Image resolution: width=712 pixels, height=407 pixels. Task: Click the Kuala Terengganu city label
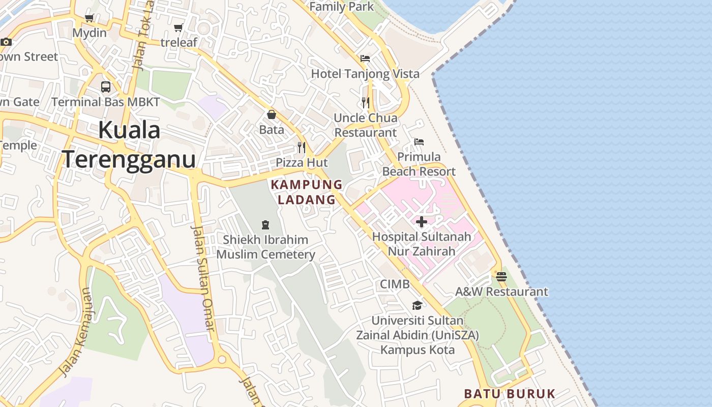click(129, 144)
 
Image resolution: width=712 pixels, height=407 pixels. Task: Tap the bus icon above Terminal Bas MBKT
click(106, 86)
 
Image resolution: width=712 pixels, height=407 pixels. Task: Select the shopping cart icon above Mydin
click(90, 19)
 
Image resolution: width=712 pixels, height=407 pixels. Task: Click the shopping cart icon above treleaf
click(178, 27)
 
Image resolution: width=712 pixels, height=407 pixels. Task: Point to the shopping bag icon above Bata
click(272, 114)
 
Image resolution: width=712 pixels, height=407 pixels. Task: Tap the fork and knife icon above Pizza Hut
click(302, 148)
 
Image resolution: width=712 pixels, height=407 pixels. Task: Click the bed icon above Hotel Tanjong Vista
click(365, 59)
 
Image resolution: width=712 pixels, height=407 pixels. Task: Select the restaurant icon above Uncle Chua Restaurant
click(365, 103)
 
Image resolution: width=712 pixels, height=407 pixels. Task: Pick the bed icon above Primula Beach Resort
click(419, 141)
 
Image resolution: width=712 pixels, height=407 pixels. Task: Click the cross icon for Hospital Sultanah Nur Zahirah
click(422, 222)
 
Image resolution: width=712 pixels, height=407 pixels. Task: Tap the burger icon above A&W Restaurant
click(501, 277)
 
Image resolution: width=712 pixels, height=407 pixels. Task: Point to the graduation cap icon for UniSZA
click(417, 305)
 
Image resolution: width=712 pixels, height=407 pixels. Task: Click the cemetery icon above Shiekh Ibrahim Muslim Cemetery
click(265, 224)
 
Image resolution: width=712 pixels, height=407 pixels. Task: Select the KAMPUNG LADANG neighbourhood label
click(307, 192)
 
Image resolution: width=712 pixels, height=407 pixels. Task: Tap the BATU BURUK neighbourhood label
click(510, 394)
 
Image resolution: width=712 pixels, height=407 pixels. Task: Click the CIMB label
click(395, 284)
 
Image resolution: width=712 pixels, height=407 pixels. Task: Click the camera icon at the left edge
click(6, 42)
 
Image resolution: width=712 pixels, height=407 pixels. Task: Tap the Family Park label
click(341, 7)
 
